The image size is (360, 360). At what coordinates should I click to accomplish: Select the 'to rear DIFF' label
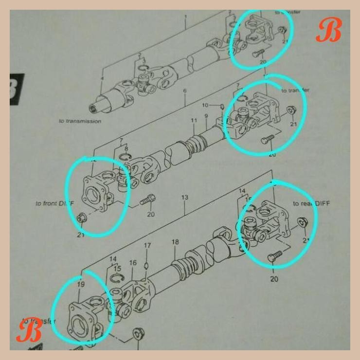(311, 203)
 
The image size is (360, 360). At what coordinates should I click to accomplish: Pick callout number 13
(185, 198)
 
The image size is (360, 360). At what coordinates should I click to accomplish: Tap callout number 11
(194, 121)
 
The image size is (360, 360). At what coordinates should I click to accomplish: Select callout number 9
(206, 116)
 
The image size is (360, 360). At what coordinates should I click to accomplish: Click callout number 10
(205, 105)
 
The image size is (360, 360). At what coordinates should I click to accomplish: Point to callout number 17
(148, 246)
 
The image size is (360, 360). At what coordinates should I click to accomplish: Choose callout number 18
(175, 242)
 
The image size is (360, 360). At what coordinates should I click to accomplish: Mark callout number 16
(133, 263)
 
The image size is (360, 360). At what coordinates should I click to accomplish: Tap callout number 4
(102, 78)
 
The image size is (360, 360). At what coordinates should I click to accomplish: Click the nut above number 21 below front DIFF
(82, 218)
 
